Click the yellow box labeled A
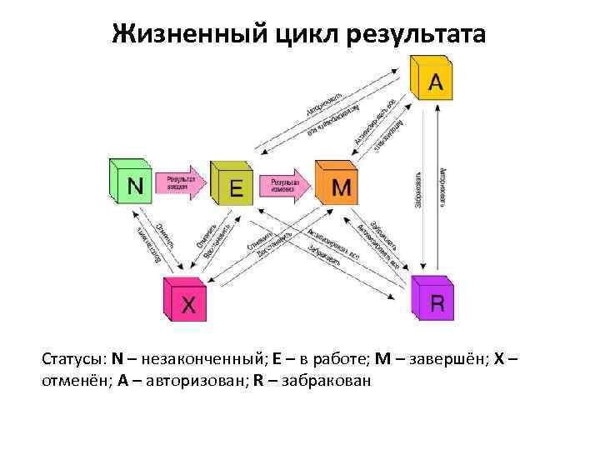click(x=433, y=80)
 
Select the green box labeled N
click(x=132, y=183)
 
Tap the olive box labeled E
click(x=234, y=187)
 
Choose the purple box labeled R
click(x=435, y=299)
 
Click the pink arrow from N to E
click(x=183, y=186)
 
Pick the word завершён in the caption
click(x=449, y=359)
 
